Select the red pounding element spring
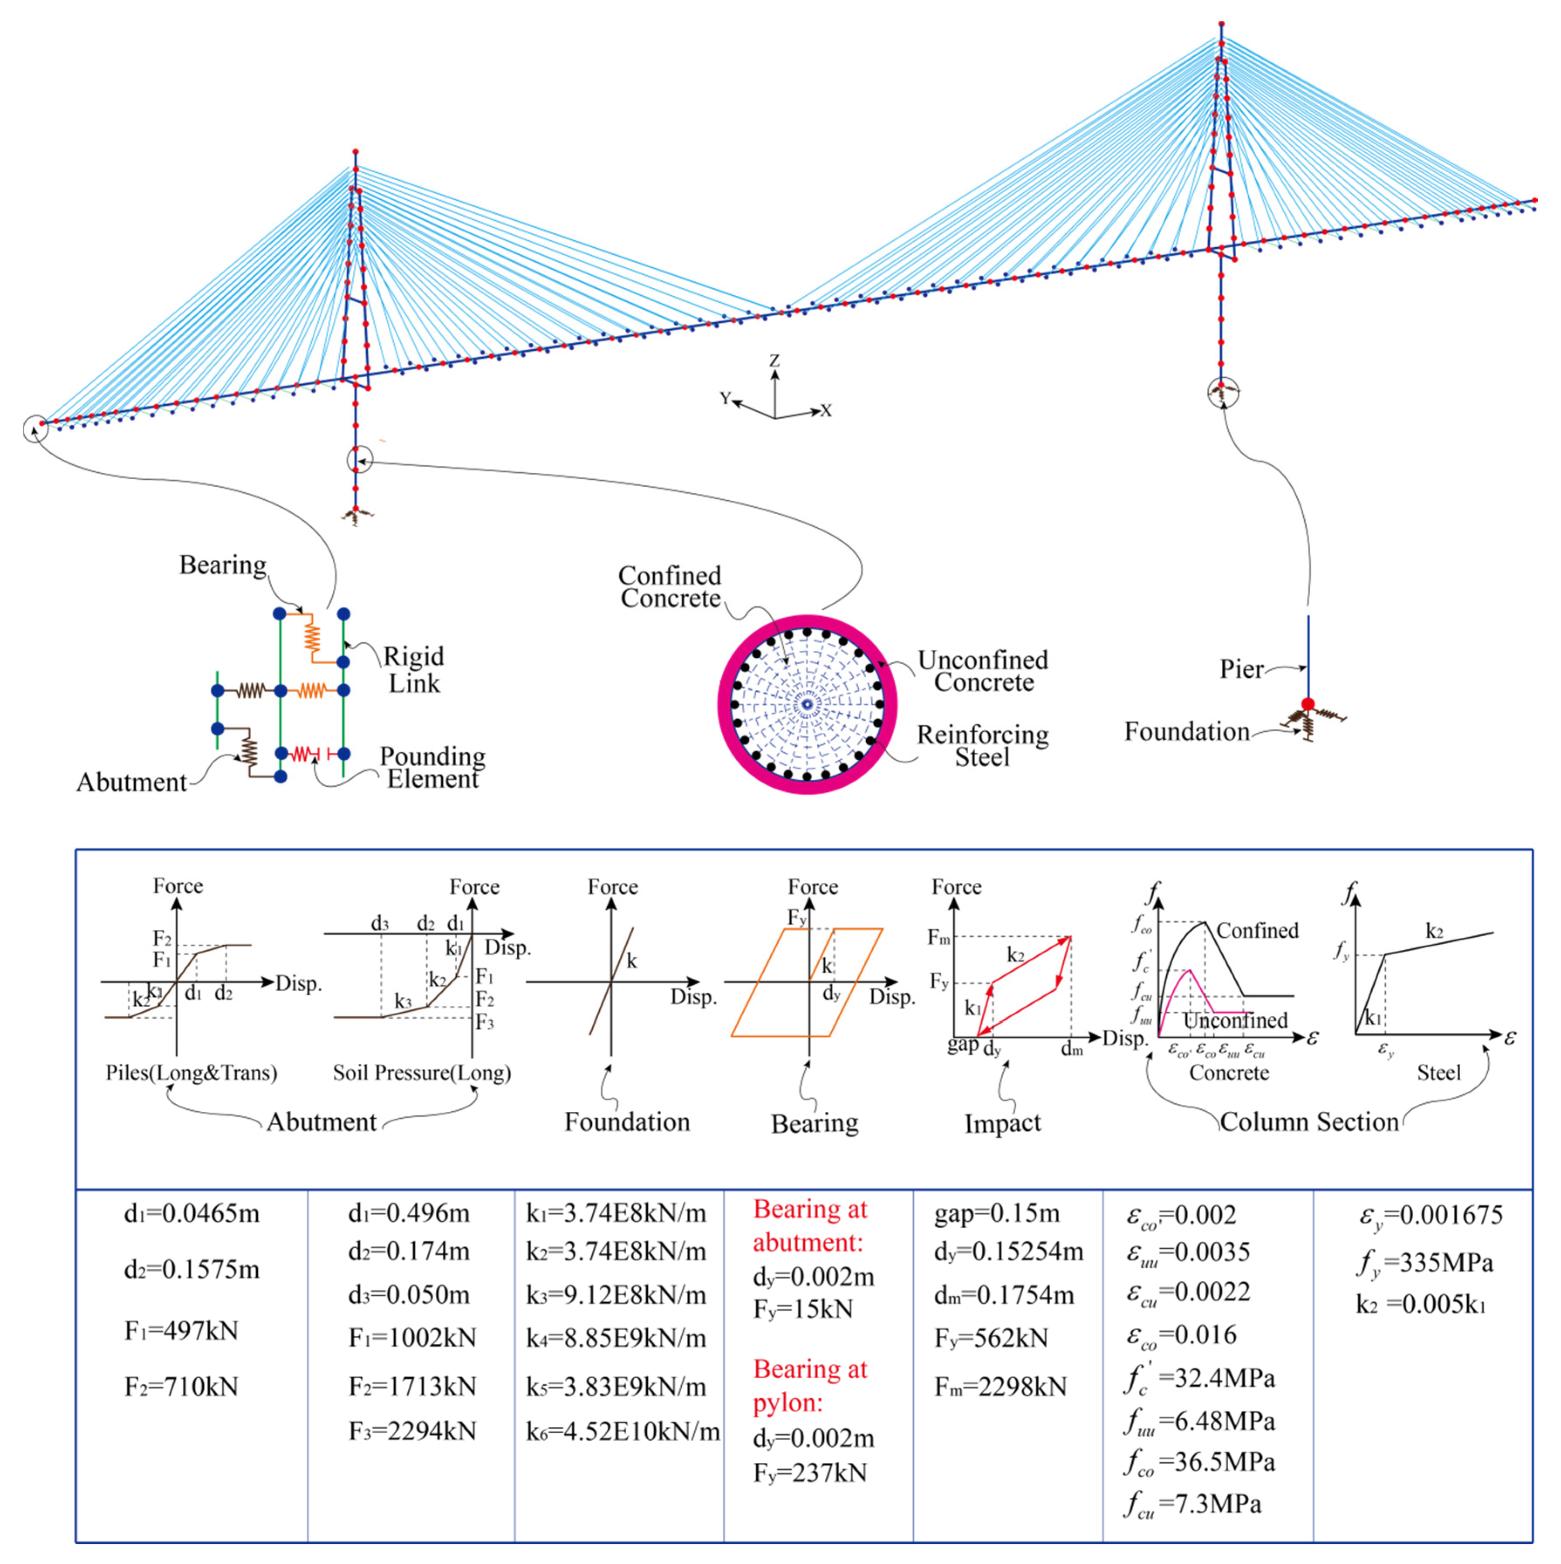(302, 754)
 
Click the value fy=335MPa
(1425, 1263)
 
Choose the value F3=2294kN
(412, 1431)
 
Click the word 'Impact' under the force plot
(1002, 1123)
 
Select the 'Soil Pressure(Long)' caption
(422, 1073)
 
